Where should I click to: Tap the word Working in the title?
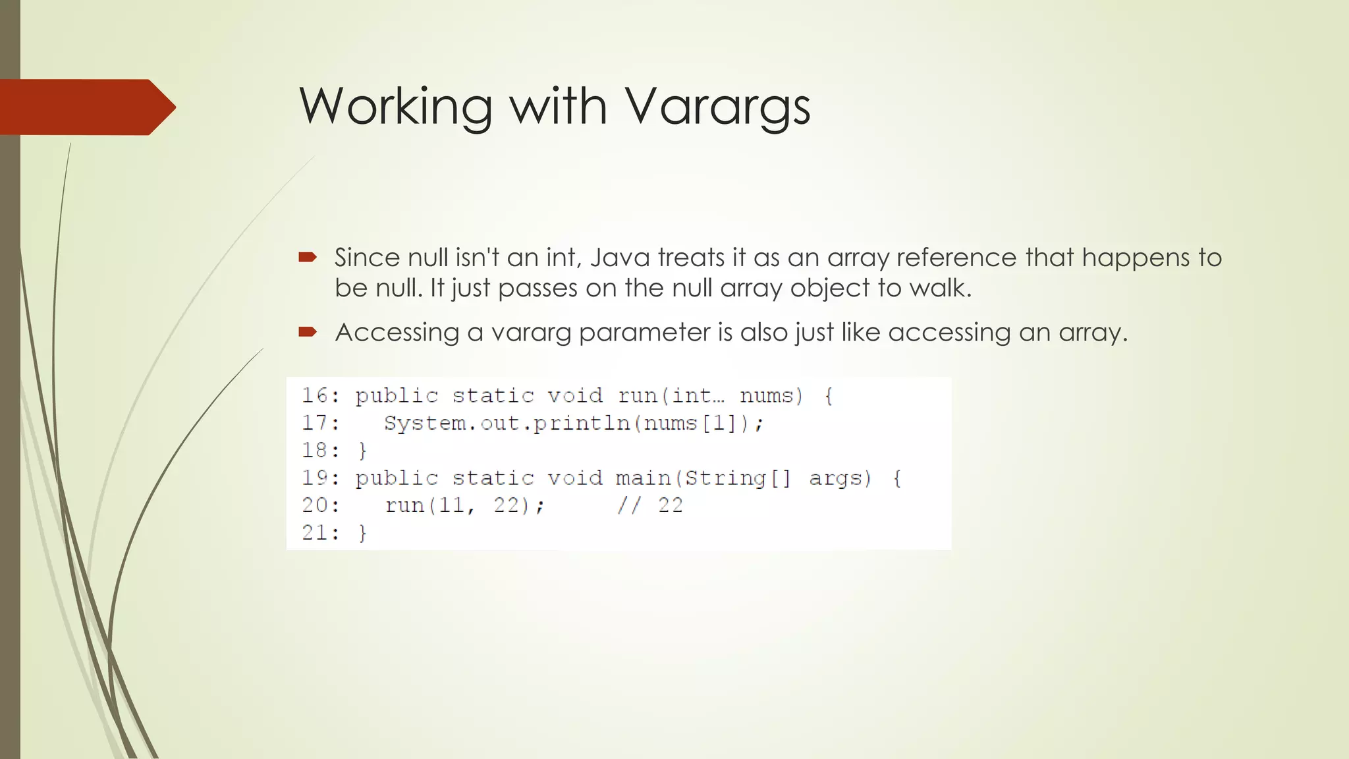pos(396,107)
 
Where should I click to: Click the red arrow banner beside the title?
pos(86,107)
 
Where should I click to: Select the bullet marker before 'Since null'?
pos(308,257)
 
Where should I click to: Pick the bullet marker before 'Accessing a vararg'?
pos(308,331)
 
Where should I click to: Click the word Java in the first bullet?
pos(620,257)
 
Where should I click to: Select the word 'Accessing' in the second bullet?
pos(397,332)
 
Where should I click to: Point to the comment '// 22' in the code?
pos(650,505)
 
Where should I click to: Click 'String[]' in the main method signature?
pos(737,478)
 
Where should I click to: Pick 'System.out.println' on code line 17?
pos(507,423)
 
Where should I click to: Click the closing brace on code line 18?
pos(362,451)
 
